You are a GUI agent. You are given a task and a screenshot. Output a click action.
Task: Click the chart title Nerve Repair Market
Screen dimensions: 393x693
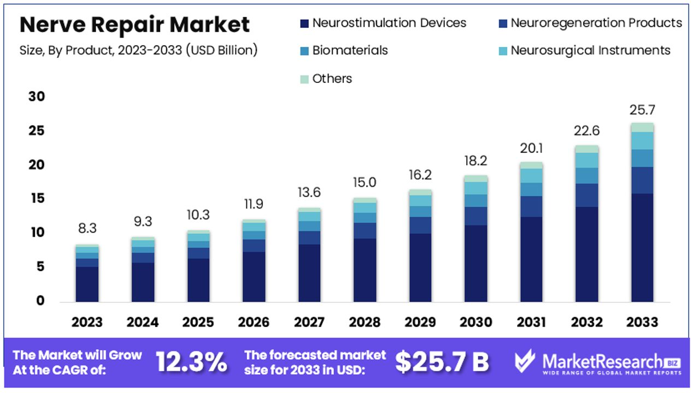[134, 25]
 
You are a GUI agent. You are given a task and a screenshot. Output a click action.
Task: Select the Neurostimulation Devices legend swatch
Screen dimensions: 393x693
[304, 23]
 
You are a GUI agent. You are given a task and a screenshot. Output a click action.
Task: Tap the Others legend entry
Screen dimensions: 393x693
[326, 79]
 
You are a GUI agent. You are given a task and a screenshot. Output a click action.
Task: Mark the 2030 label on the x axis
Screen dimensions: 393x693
[475, 322]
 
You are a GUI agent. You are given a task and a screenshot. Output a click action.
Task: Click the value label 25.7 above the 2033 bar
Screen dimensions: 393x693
[642, 110]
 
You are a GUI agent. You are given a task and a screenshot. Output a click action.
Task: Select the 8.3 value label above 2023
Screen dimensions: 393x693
[87, 228]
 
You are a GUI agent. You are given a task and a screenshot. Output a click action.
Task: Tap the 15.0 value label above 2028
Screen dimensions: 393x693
[365, 182]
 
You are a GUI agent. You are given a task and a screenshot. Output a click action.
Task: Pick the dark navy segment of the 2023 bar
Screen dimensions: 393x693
[87, 284]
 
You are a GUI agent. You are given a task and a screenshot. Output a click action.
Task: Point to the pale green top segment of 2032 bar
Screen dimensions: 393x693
[586, 149]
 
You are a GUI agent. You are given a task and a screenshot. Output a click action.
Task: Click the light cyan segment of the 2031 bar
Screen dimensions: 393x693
[531, 175]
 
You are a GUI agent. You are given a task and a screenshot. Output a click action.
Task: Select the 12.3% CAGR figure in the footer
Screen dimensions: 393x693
[191, 361]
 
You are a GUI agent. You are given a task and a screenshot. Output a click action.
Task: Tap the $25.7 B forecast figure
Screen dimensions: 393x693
[442, 361]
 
